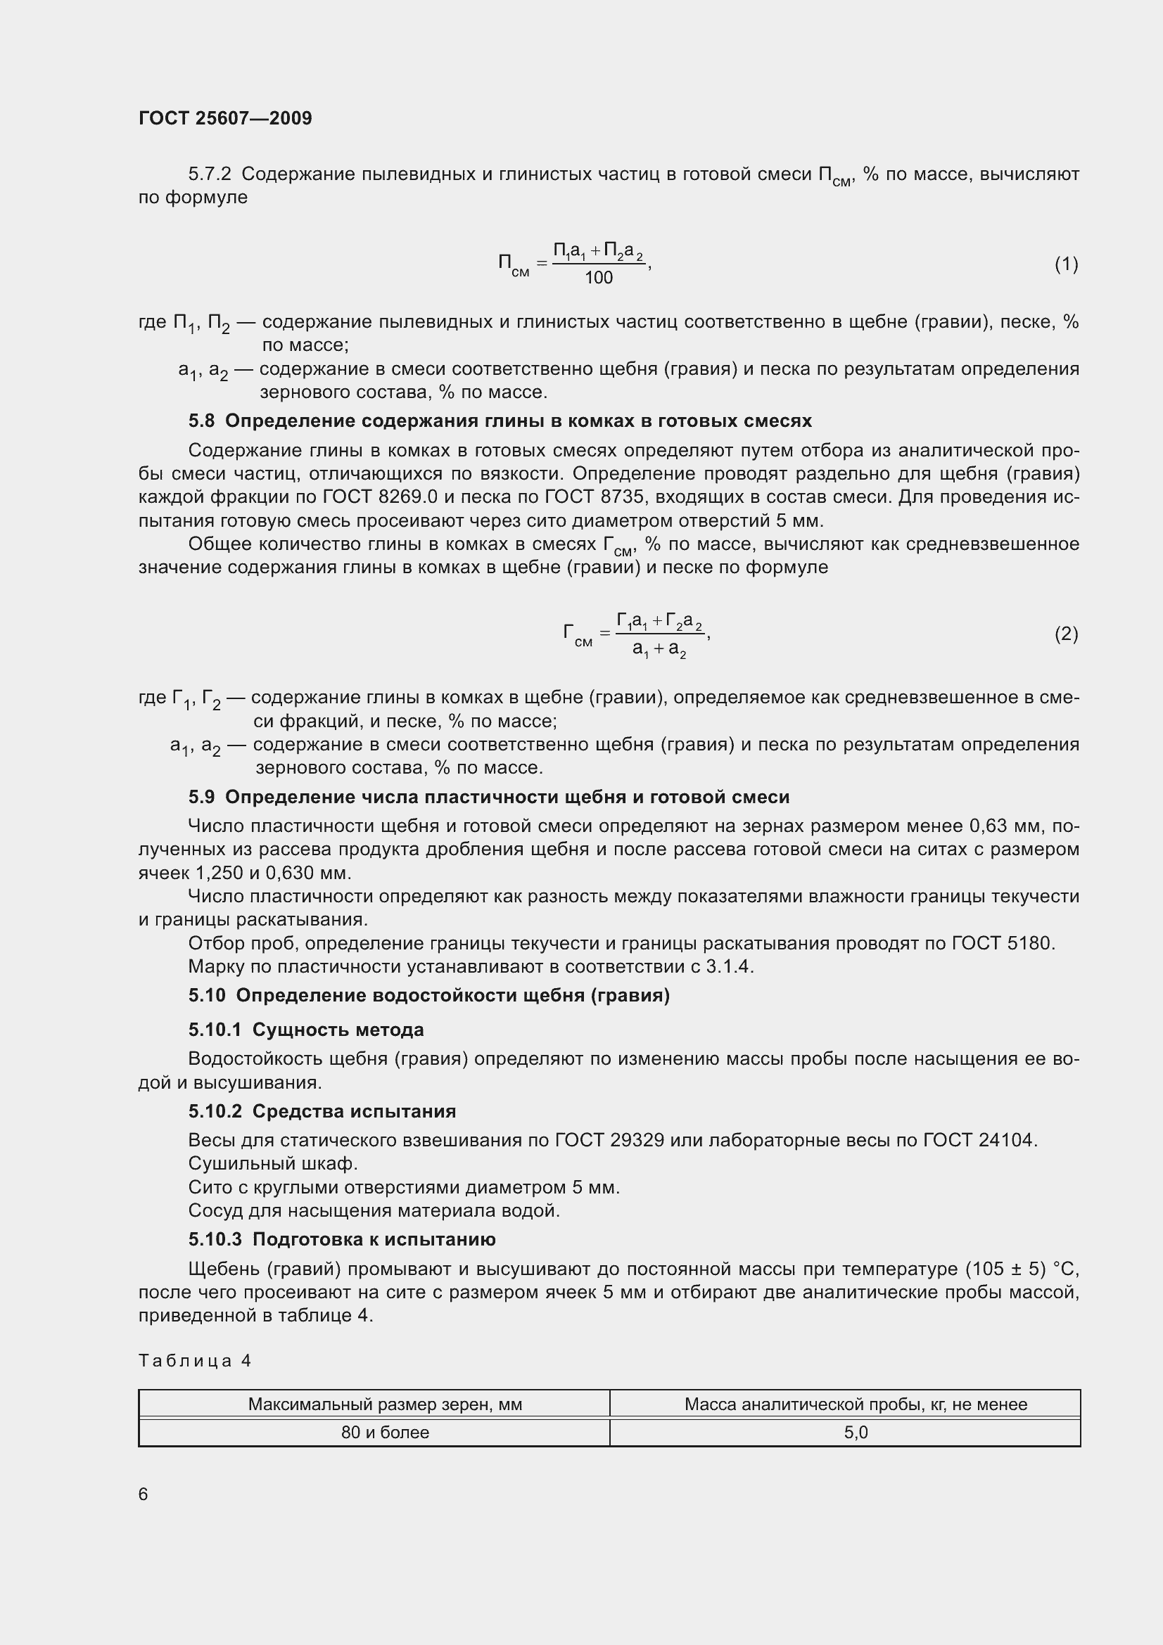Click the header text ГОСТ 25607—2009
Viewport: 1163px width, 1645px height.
(x=225, y=118)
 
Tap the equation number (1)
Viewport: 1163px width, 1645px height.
(x=1065, y=264)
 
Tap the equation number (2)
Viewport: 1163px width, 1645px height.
(x=1065, y=634)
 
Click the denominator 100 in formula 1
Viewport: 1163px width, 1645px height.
(x=598, y=278)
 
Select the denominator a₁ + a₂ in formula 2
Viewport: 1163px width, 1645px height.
(x=659, y=650)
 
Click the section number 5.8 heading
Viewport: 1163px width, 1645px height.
(x=201, y=421)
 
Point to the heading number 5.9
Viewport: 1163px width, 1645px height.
(x=201, y=797)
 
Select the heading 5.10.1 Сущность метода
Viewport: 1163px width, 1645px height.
(x=306, y=1030)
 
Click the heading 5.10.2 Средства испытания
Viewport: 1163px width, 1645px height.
(x=322, y=1111)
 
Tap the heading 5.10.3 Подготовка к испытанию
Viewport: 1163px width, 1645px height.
(x=342, y=1238)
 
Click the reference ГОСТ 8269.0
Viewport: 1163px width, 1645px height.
(x=380, y=497)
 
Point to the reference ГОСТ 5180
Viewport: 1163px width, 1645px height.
(x=1001, y=943)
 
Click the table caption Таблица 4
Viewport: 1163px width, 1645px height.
(x=195, y=1361)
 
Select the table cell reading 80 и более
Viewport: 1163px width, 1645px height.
(x=385, y=1432)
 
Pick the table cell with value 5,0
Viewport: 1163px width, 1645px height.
(x=856, y=1432)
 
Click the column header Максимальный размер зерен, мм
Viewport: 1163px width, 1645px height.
(x=385, y=1404)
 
